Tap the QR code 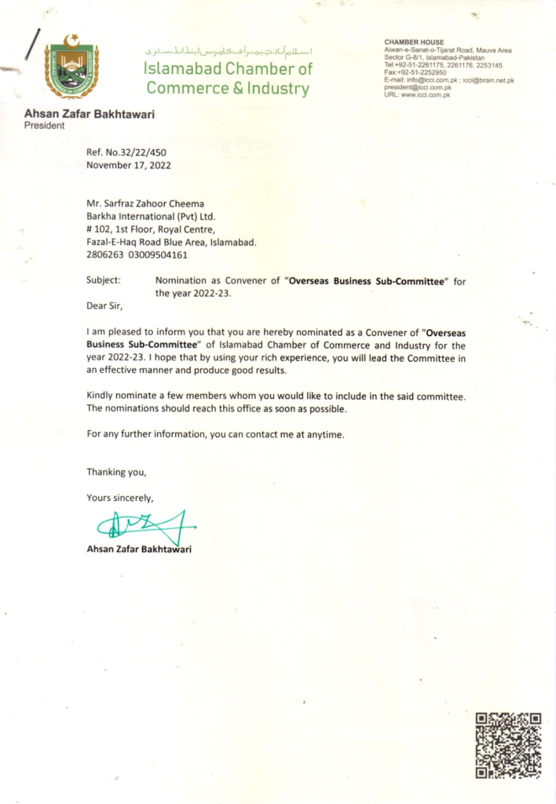point(509,744)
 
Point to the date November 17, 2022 point(129,165)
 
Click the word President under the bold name point(45,126)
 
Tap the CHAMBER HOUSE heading point(414,42)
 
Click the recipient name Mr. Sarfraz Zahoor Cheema point(145,204)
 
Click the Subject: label point(103,280)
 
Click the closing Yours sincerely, point(120,497)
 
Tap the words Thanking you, point(116,472)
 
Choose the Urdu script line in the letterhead point(229,51)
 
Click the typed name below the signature point(139,549)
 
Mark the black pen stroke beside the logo point(31,43)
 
